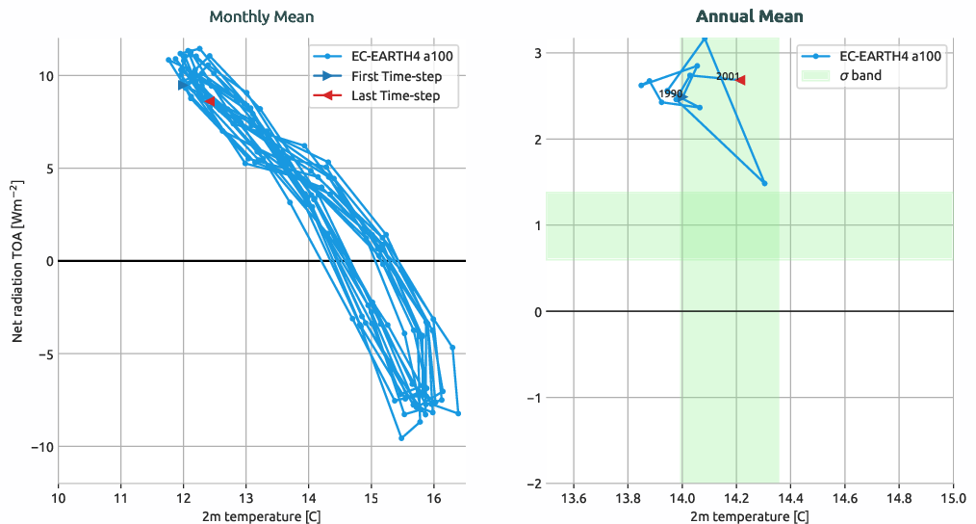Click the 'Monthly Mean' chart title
261,16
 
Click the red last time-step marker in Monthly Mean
210,100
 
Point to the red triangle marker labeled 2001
740,80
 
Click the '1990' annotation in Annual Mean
671,93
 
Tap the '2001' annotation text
728,76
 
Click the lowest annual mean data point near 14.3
764,183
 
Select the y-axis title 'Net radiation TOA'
17,260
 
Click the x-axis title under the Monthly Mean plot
261,517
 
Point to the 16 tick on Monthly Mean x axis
433,499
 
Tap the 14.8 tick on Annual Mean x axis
899,499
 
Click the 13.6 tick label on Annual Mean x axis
574,499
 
